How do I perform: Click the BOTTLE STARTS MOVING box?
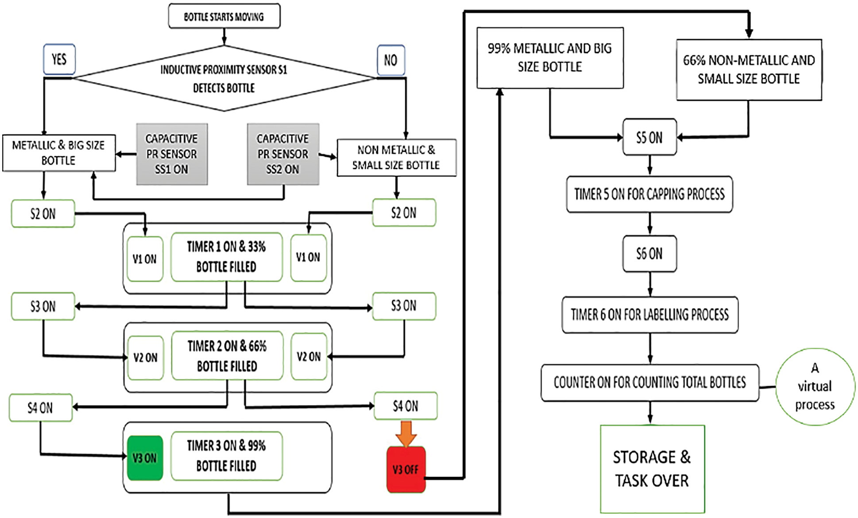[224, 17]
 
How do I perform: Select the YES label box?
[59, 59]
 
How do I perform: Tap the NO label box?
[390, 60]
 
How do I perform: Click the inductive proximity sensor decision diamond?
[224, 78]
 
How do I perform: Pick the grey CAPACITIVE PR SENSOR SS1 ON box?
[172, 154]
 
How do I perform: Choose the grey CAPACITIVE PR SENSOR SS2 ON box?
[283, 154]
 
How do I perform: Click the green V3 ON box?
[145, 458]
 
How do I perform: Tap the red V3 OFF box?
[406, 469]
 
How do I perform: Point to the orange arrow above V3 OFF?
[406, 433]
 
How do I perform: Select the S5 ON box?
[649, 137]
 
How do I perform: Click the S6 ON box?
[649, 254]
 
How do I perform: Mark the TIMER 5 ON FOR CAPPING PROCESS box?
[649, 194]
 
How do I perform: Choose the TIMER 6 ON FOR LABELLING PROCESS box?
[649, 315]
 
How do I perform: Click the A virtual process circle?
[815, 387]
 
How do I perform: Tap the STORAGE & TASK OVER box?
[652, 469]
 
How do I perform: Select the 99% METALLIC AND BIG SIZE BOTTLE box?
[550, 58]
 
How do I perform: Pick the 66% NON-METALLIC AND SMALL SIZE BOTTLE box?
[749, 70]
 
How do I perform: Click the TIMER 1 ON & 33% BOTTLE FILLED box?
[226, 257]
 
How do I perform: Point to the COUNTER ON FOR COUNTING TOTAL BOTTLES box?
[649, 383]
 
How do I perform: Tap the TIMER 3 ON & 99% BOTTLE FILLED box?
[226, 456]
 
